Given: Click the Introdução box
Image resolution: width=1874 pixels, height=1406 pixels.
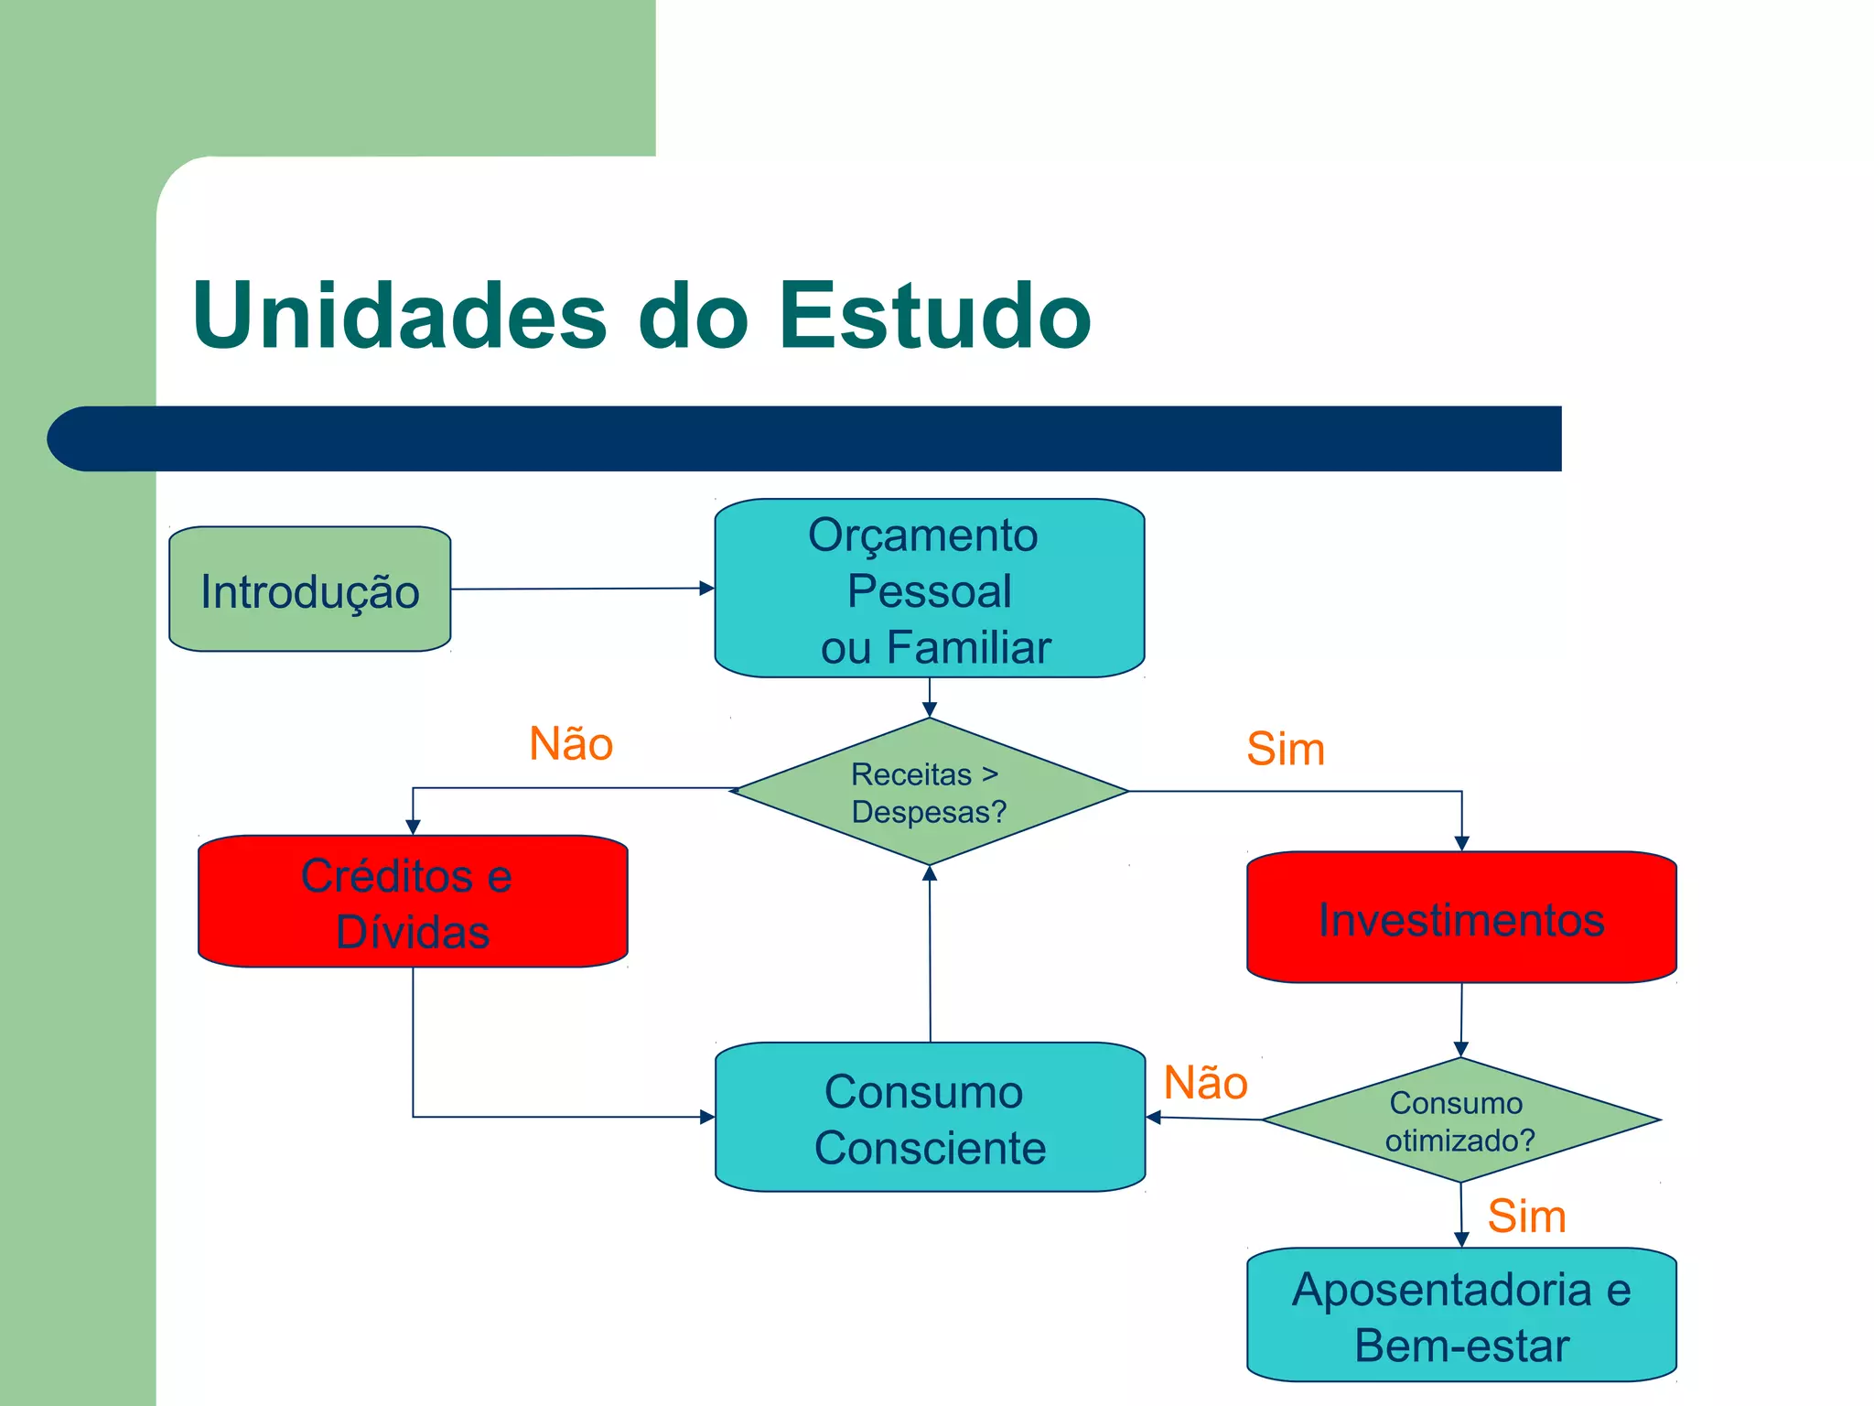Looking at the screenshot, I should pos(309,589).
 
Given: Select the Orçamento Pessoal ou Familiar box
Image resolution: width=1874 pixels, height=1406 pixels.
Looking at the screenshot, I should pos(929,589).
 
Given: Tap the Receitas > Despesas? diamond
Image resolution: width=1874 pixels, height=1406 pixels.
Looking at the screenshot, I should pos(929,792).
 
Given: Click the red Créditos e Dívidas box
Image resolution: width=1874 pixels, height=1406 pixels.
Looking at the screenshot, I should pos(413,902).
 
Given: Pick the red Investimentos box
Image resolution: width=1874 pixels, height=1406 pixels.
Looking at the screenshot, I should pos(1461,918).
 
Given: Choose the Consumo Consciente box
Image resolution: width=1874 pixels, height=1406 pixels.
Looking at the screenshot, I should pos(930,1118).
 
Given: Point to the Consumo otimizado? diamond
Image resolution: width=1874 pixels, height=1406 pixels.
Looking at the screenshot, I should pos(1460,1120).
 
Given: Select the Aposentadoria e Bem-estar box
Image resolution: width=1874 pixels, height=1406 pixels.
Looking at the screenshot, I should pos(1461,1315).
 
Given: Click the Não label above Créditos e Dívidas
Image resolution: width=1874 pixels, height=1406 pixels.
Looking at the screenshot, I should pos(571,743).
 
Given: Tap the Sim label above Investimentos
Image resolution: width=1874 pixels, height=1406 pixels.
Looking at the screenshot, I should pos(1286,749).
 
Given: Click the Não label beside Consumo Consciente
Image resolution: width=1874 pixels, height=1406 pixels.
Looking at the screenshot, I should pos(1205,1083).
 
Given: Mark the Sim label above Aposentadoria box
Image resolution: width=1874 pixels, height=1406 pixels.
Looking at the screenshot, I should pos(1526,1217).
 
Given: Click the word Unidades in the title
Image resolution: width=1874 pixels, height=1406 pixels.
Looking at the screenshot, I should pos(400,315).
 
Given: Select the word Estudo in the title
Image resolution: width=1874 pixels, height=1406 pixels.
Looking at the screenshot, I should pos(934,315).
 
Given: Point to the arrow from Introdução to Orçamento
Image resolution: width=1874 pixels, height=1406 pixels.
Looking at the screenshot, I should pos(582,589).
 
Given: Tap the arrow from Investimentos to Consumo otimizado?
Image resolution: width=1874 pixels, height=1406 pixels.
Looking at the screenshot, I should pos(1461,1019).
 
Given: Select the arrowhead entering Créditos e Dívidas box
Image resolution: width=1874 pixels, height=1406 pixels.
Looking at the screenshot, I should pos(413,827).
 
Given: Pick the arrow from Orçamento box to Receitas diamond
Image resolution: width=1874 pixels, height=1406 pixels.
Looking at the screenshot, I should pos(929,698).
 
